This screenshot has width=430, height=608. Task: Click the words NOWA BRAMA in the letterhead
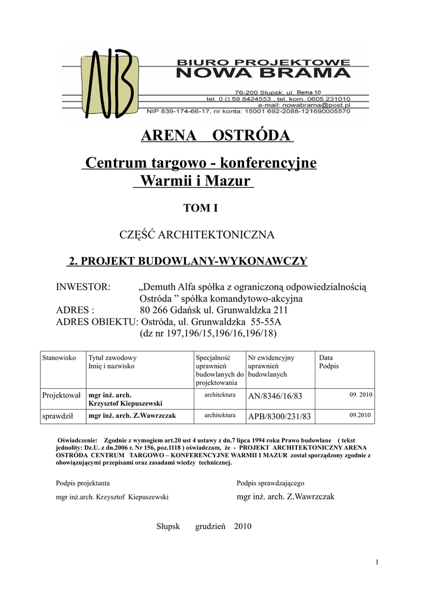(x=264, y=74)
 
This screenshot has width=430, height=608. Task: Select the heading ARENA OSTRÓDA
(x=217, y=136)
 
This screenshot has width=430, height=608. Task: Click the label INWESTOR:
(x=83, y=287)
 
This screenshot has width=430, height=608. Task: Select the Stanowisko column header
(x=59, y=358)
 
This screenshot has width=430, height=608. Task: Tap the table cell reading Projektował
(x=61, y=395)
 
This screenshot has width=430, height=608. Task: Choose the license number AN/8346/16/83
(x=275, y=396)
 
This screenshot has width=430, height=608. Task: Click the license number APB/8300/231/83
(x=279, y=417)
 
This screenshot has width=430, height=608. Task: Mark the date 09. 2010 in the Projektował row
(x=360, y=394)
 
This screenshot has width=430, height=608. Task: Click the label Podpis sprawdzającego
(x=270, y=483)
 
